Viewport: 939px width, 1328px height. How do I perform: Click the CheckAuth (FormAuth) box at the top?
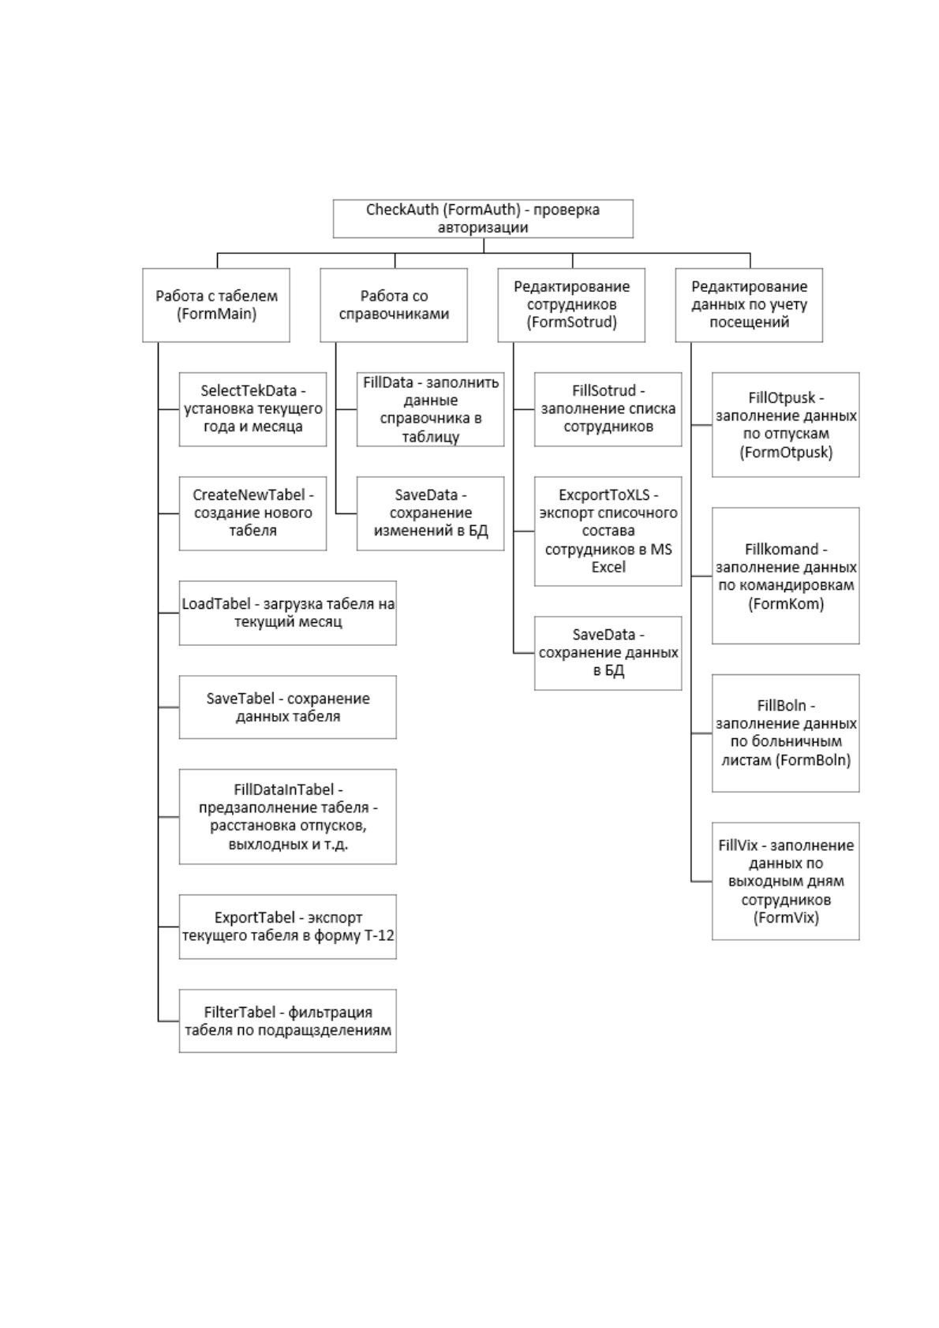[483, 218]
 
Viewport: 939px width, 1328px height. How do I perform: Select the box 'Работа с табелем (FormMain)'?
[216, 304]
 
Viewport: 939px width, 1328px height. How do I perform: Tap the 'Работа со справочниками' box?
[394, 304]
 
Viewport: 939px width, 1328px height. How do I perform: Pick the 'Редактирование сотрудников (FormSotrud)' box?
[571, 304]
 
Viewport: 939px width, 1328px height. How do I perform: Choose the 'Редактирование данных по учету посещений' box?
[749, 304]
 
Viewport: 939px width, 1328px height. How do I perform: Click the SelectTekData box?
[253, 409]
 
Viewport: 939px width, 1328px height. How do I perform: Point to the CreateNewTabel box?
[253, 513]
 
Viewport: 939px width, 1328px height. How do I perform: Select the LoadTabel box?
[288, 613]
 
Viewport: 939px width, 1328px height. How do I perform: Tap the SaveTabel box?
[288, 707]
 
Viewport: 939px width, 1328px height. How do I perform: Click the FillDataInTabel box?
[288, 817]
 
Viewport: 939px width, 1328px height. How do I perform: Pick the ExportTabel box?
[288, 927]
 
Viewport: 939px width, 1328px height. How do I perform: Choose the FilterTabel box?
[288, 1021]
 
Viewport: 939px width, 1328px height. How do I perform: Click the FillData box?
[431, 409]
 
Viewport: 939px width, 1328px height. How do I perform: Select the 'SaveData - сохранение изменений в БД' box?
[431, 513]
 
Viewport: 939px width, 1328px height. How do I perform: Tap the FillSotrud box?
[608, 409]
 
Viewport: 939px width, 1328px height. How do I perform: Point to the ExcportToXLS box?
[608, 532]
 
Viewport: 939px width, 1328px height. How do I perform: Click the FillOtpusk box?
[786, 424]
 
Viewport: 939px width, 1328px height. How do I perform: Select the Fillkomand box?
[786, 576]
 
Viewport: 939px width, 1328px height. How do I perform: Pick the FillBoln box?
[786, 733]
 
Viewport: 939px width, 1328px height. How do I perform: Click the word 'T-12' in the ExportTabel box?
[379, 935]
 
